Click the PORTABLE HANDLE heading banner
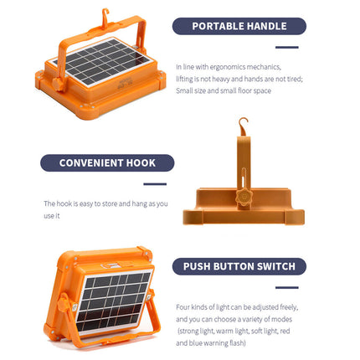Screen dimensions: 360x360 tap(239, 26)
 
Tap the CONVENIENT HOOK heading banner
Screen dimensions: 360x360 tap(107, 162)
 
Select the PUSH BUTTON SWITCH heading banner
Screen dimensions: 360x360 tap(239, 266)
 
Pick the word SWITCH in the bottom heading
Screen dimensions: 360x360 tap(273, 266)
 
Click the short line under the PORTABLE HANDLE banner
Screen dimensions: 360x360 tap(287, 47)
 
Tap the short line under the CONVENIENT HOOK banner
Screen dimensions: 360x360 tap(155, 183)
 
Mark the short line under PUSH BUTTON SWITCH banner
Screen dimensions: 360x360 tap(286, 287)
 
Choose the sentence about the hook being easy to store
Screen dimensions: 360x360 tap(105, 209)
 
